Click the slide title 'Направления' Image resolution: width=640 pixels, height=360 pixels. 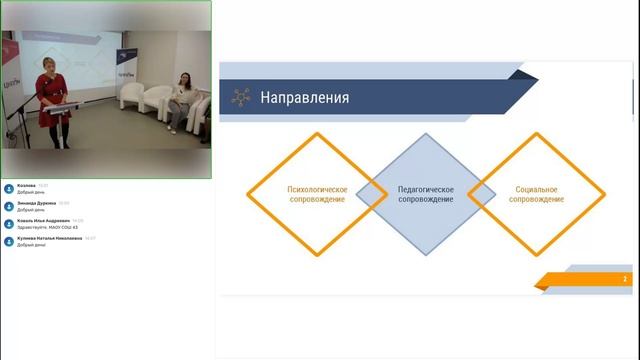tap(304, 98)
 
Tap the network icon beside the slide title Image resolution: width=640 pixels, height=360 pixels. tap(240, 98)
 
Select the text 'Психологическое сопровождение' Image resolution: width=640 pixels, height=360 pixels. tap(316, 194)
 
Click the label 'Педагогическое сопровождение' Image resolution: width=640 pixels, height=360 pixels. tap(425, 194)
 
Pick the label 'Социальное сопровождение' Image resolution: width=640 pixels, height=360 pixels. tap(536, 194)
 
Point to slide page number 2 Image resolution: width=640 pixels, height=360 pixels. tap(625, 279)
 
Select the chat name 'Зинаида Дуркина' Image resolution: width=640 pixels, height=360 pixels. tap(37, 202)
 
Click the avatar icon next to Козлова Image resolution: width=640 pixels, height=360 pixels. tap(9, 188)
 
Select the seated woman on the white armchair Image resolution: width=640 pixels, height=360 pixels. tap(180, 100)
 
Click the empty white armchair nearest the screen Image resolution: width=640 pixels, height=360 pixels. tap(131, 95)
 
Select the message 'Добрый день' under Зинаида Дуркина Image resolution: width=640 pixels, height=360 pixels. tap(31, 209)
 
